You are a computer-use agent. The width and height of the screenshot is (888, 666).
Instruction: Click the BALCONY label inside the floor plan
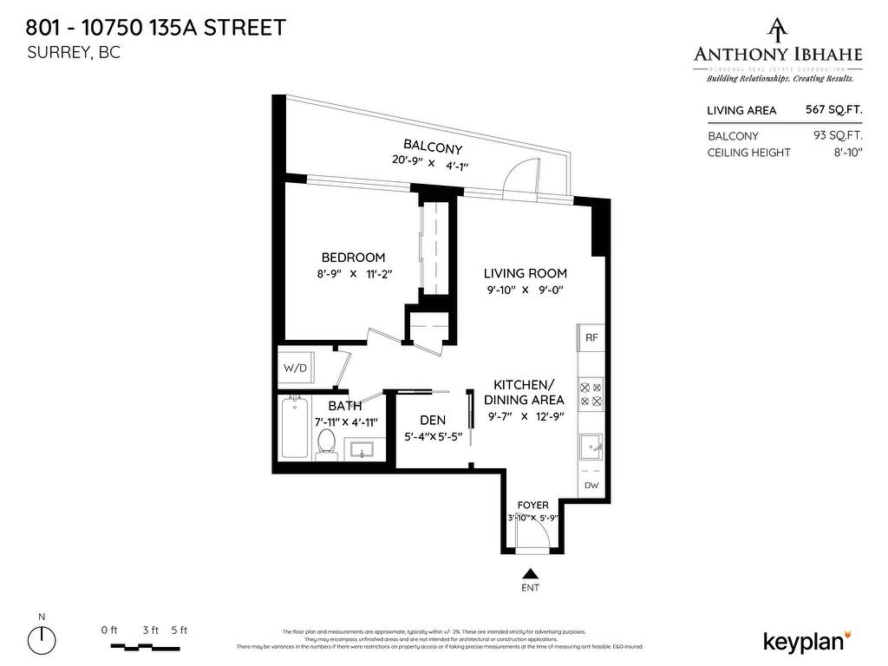pyautogui.click(x=433, y=147)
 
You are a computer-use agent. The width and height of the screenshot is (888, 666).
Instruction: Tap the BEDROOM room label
pyautogui.click(x=353, y=258)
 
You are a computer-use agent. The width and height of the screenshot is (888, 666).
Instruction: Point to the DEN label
pyautogui.click(x=433, y=420)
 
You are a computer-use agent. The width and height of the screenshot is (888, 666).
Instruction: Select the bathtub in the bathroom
pyautogui.click(x=294, y=428)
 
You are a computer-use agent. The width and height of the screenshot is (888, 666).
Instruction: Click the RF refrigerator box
pyautogui.click(x=591, y=337)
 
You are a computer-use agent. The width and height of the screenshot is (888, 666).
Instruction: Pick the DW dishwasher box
pyautogui.click(x=591, y=486)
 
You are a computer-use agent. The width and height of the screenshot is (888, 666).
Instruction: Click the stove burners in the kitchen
pyautogui.click(x=591, y=395)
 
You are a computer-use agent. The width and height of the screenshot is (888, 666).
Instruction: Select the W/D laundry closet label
pyautogui.click(x=295, y=368)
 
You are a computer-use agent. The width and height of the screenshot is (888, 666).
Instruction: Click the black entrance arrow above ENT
pyautogui.click(x=530, y=573)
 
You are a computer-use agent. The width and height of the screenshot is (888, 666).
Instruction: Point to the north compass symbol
pyautogui.click(x=42, y=641)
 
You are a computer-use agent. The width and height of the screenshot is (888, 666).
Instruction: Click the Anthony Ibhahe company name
pyautogui.click(x=778, y=54)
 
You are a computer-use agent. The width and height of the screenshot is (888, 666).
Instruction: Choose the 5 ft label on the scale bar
pyautogui.click(x=180, y=630)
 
